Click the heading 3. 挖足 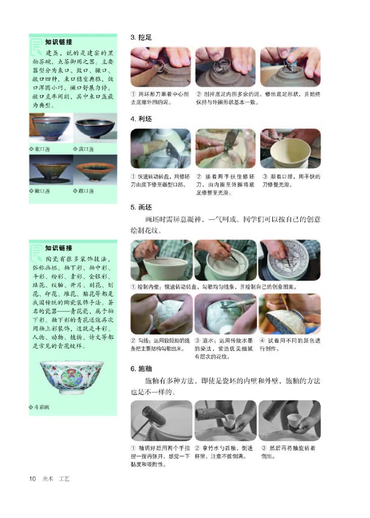pos(141,38)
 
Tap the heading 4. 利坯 pos(141,119)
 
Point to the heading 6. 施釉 pos(141,369)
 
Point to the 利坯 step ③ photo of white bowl pos(290,148)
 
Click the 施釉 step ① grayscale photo pos(161,420)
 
